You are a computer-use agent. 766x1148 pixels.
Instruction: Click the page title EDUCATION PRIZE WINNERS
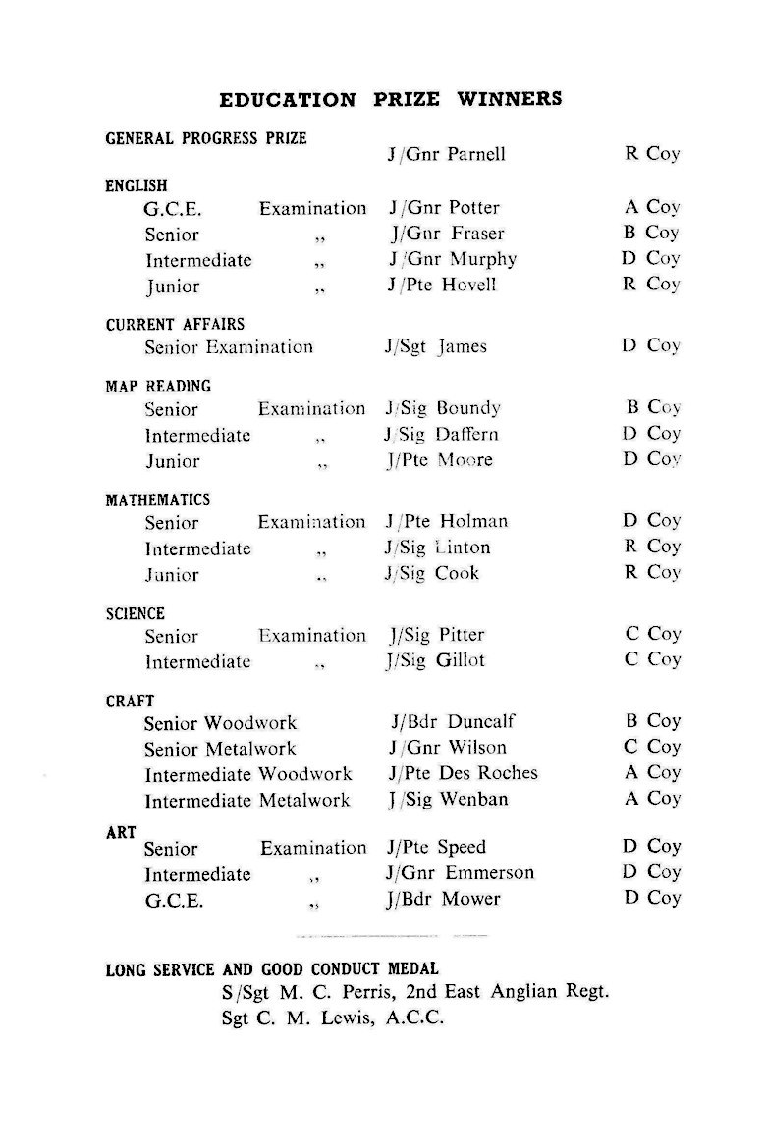click(390, 100)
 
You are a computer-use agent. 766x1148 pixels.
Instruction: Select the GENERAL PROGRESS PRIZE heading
click(206, 139)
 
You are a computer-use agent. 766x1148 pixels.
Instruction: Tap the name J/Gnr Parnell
click(447, 155)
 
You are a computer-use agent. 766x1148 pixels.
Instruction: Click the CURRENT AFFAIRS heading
click(175, 324)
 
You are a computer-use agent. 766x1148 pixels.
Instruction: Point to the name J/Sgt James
click(435, 346)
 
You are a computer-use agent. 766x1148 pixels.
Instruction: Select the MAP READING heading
click(158, 387)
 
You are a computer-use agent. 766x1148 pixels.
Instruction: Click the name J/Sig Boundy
click(443, 408)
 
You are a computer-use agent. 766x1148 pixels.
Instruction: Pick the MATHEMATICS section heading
click(158, 500)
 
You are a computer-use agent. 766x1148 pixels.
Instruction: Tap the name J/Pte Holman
click(447, 522)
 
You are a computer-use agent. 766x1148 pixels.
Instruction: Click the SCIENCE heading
click(136, 614)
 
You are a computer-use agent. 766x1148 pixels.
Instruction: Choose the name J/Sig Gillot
click(435, 661)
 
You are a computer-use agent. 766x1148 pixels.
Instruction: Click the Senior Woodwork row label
click(220, 723)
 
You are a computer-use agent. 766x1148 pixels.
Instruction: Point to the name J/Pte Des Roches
click(463, 773)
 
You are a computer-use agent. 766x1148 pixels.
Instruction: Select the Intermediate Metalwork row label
click(247, 801)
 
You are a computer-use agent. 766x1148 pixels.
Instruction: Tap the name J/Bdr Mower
click(444, 899)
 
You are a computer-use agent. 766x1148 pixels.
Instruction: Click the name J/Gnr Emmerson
click(461, 873)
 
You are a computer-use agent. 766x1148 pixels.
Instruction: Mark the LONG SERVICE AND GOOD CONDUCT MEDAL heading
click(272, 969)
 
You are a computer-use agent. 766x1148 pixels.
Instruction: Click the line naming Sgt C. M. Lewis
click(333, 1018)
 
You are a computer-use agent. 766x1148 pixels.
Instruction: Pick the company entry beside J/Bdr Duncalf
click(651, 721)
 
